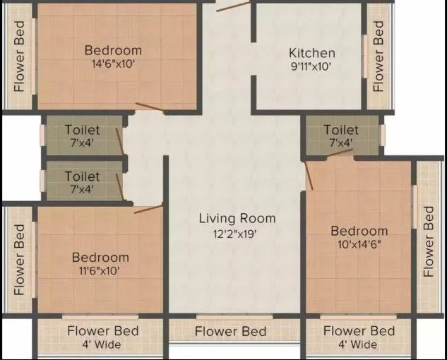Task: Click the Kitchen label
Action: pyautogui.click(x=311, y=53)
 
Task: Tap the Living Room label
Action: pyautogui.click(x=237, y=218)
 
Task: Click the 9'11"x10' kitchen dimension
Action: pyautogui.click(x=311, y=67)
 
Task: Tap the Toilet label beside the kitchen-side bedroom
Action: pyautogui.click(x=341, y=130)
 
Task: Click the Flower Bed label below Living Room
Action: pyautogui.click(x=230, y=331)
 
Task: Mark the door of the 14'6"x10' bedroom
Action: pyautogui.click(x=150, y=107)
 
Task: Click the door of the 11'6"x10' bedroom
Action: pyautogui.click(x=148, y=208)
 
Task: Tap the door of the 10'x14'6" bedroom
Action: pyautogui.click(x=309, y=176)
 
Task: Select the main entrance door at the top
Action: pyautogui.click(x=232, y=6)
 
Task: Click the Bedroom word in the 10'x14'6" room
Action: pyautogui.click(x=359, y=231)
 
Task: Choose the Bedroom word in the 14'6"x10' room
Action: pyautogui.click(x=113, y=50)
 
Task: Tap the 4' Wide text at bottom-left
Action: pyautogui.click(x=103, y=344)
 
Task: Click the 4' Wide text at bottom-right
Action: pyautogui.click(x=359, y=344)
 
